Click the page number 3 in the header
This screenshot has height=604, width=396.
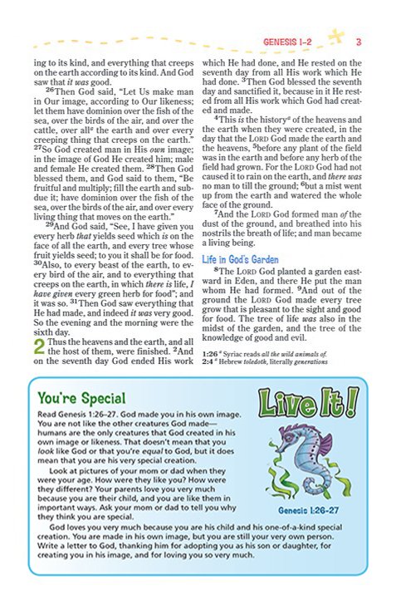(x=356, y=42)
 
